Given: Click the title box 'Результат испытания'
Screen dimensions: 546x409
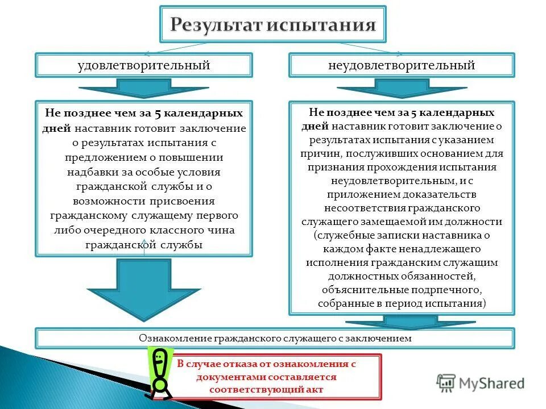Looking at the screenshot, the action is (x=273, y=25).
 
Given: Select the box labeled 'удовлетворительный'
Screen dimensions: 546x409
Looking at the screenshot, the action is (x=144, y=65).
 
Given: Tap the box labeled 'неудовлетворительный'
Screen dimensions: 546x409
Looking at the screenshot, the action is (x=402, y=65).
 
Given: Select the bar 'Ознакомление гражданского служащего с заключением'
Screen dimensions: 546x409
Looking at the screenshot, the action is (x=275, y=339).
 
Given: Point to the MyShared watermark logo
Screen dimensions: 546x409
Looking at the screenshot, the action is (x=481, y=383).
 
